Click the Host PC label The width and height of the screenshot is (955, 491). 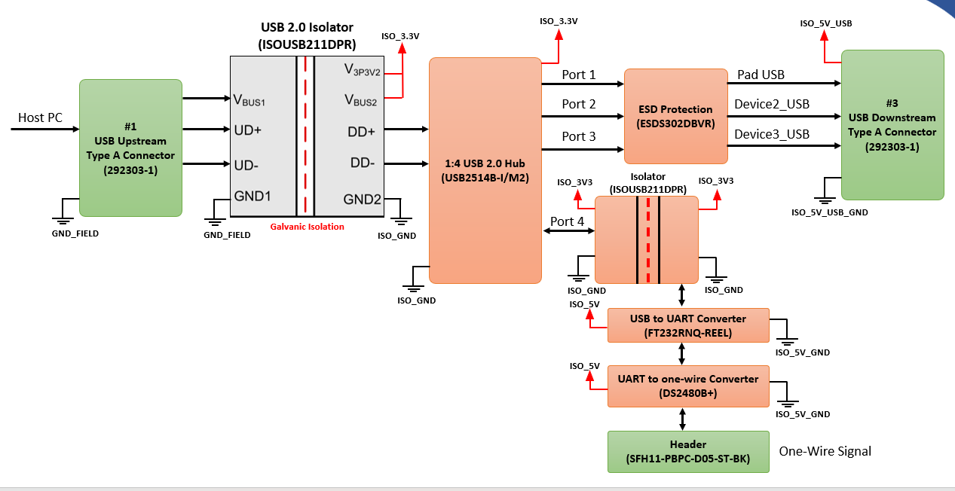point(40,117)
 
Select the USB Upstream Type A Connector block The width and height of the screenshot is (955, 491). point(130,148)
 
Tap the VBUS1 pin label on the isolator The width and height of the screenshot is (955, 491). point(249,100)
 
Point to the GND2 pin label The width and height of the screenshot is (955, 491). point(362,199)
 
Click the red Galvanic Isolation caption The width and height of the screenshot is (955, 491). point(307,227)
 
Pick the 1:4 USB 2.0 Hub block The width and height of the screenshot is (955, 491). point(485,170)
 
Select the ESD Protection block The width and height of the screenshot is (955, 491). point(676,116)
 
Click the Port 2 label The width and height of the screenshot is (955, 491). point(579,104)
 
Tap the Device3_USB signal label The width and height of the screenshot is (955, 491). point(772,135)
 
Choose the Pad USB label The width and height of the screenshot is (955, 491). point(761,75)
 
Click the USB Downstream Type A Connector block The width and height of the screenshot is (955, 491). point(892,125)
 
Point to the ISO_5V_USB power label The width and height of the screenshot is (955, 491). point(826,23)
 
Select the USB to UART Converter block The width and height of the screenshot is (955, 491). point(688,325)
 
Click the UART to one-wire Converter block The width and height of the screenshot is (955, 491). point(688,386)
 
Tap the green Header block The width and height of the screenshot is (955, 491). point(688,452)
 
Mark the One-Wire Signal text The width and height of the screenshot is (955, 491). point(825,451)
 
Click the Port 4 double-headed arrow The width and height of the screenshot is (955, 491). point(569,230)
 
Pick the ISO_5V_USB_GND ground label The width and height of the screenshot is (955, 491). point(830,212)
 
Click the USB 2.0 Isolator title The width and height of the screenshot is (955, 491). point(307,27)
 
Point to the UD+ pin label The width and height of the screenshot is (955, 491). point(247,130)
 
